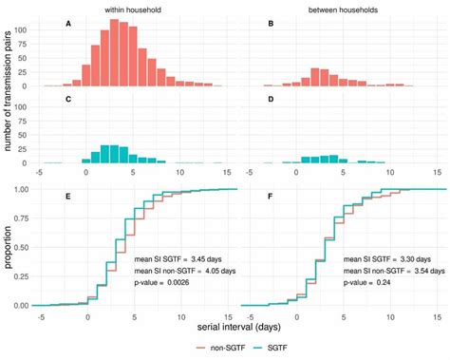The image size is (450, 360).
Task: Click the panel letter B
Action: pyautogui.click(x=271, y=23)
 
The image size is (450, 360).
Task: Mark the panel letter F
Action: pyautogui.click(x=271, y=197)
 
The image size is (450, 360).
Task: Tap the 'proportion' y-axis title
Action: pyautogui.click(x=9, y=248)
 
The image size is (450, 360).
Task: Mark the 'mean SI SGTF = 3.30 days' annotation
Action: pyautogui.click(x=384, y=257)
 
